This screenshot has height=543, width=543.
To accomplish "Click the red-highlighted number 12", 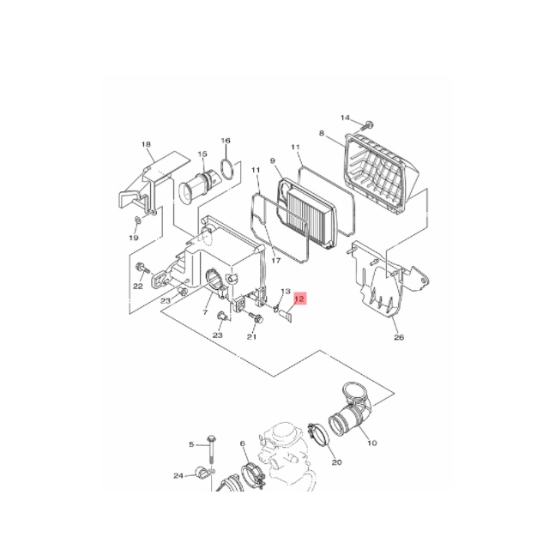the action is click(299, 299).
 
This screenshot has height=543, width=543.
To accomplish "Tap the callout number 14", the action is click(345, 118).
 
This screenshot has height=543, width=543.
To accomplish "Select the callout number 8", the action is click(322, 133).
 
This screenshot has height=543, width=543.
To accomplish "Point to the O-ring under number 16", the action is click(226, 169).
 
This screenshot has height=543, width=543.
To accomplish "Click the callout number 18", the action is click(147, 144).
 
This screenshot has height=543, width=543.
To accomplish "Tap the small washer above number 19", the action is click(137, 220).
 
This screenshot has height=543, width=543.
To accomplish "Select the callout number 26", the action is click(399, 336).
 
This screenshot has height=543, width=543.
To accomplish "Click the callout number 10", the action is click(371, 443).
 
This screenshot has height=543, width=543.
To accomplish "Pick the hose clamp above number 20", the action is click(318, 433).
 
